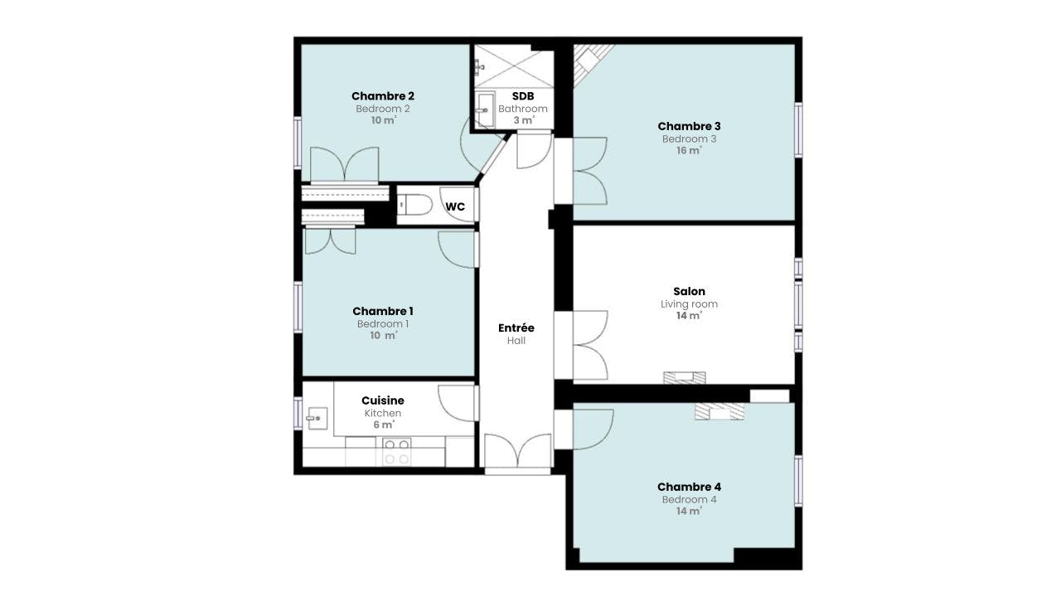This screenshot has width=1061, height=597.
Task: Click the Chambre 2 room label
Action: (x=382, y=96)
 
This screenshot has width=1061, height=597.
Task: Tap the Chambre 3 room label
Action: (x=689, y=126)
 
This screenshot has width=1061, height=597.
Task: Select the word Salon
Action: (x=689, y=291)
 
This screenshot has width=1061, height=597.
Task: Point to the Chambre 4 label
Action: (x=688, y=487)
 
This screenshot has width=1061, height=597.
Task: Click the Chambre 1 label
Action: (x=382, y=311)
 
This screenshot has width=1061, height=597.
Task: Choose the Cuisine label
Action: (x=382, y=400)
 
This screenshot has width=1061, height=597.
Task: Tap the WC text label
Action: (x=455, y=206)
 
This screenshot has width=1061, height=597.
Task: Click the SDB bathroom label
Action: (x=522, y=96)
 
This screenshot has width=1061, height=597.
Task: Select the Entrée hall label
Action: (x=516, y=328)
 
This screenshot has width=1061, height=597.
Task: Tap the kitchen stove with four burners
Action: (x=397, y=452)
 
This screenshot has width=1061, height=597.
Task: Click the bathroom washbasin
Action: (x=484, y=109)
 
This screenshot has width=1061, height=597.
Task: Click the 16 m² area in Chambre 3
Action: (x=689, y=151)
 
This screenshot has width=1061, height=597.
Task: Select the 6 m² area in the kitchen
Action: (x=382, y=425)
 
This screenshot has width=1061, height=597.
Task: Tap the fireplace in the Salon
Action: (x=685, y=377)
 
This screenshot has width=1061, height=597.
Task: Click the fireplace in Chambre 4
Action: (x=719, y=411)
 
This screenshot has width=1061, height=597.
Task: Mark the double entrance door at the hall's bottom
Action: (x=517, y=454)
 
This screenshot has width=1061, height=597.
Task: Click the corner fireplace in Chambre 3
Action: (x=592, y=59)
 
